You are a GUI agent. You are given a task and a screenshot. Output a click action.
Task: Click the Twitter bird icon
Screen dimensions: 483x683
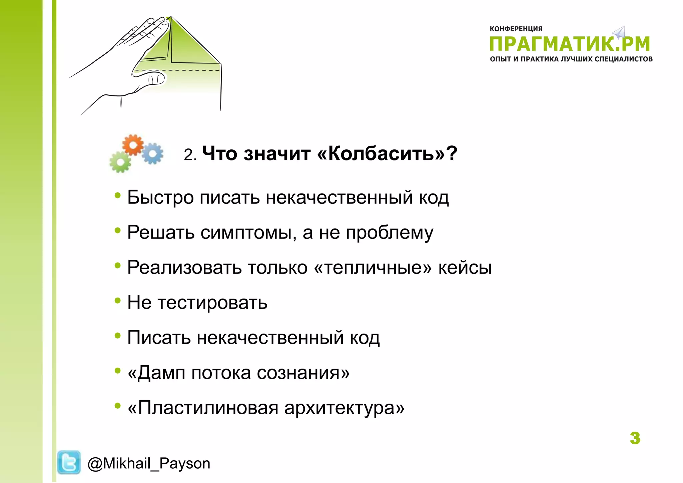pyautogui.click(x=69, y=462)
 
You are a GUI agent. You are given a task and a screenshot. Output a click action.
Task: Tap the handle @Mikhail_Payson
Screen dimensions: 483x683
pyautogui.click(x=149, y=463)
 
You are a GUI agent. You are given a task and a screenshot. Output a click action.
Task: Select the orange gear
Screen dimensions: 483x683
pyautogui.click(x=133, y=145)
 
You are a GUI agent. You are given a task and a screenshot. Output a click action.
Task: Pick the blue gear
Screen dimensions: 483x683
pyautogui.click(x=153, y=153)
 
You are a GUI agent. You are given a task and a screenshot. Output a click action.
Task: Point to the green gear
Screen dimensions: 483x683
pyautogui.click(x=120, y=162)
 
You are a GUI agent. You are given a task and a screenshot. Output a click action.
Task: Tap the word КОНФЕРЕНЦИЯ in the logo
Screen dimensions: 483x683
pyautogui.click(x=516, y=29)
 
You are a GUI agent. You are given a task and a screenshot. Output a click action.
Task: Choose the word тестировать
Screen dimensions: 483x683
pyautogui.click(x=212, y=303)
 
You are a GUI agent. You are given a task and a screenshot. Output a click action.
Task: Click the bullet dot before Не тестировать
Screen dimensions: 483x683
pyautogui.click(x=117, y=301)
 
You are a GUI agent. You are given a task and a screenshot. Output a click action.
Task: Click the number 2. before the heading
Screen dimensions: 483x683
pyautogui.click(x=190, y=155)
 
